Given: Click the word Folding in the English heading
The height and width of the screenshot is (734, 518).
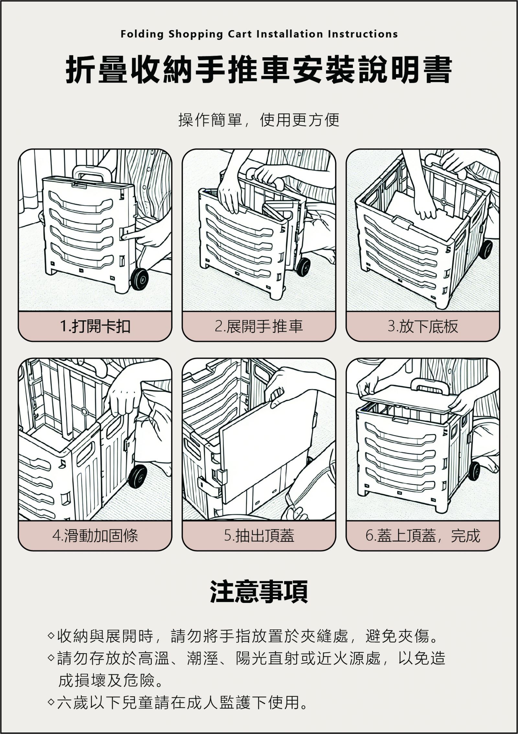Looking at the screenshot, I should click(x=142, y=34).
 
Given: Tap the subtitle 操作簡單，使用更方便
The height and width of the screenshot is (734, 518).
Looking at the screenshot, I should click(x=259, y=120).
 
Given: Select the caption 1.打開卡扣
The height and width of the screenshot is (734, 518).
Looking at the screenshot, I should click(x=95, y=326).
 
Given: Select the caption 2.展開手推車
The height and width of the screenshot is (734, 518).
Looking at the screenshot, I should click(x=259, y=326).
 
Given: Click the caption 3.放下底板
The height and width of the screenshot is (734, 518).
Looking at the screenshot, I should click(x=423, y=326).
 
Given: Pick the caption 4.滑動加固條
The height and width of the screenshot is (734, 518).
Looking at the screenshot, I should click(x=95, y=536).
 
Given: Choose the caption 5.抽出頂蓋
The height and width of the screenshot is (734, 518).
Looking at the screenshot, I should click(x=259, y=536).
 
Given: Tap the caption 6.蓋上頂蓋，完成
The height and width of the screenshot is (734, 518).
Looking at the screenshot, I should click(x=423, y=536).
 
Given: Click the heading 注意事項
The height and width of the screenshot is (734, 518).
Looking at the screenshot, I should click(x=259, y=592).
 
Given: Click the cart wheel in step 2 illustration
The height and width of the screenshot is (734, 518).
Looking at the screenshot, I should click(x=303, y=266).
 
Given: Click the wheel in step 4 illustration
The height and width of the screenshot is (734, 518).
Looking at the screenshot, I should click(x=137, y=476).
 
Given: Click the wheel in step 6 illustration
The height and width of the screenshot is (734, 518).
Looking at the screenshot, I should click(x=474, y=471).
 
